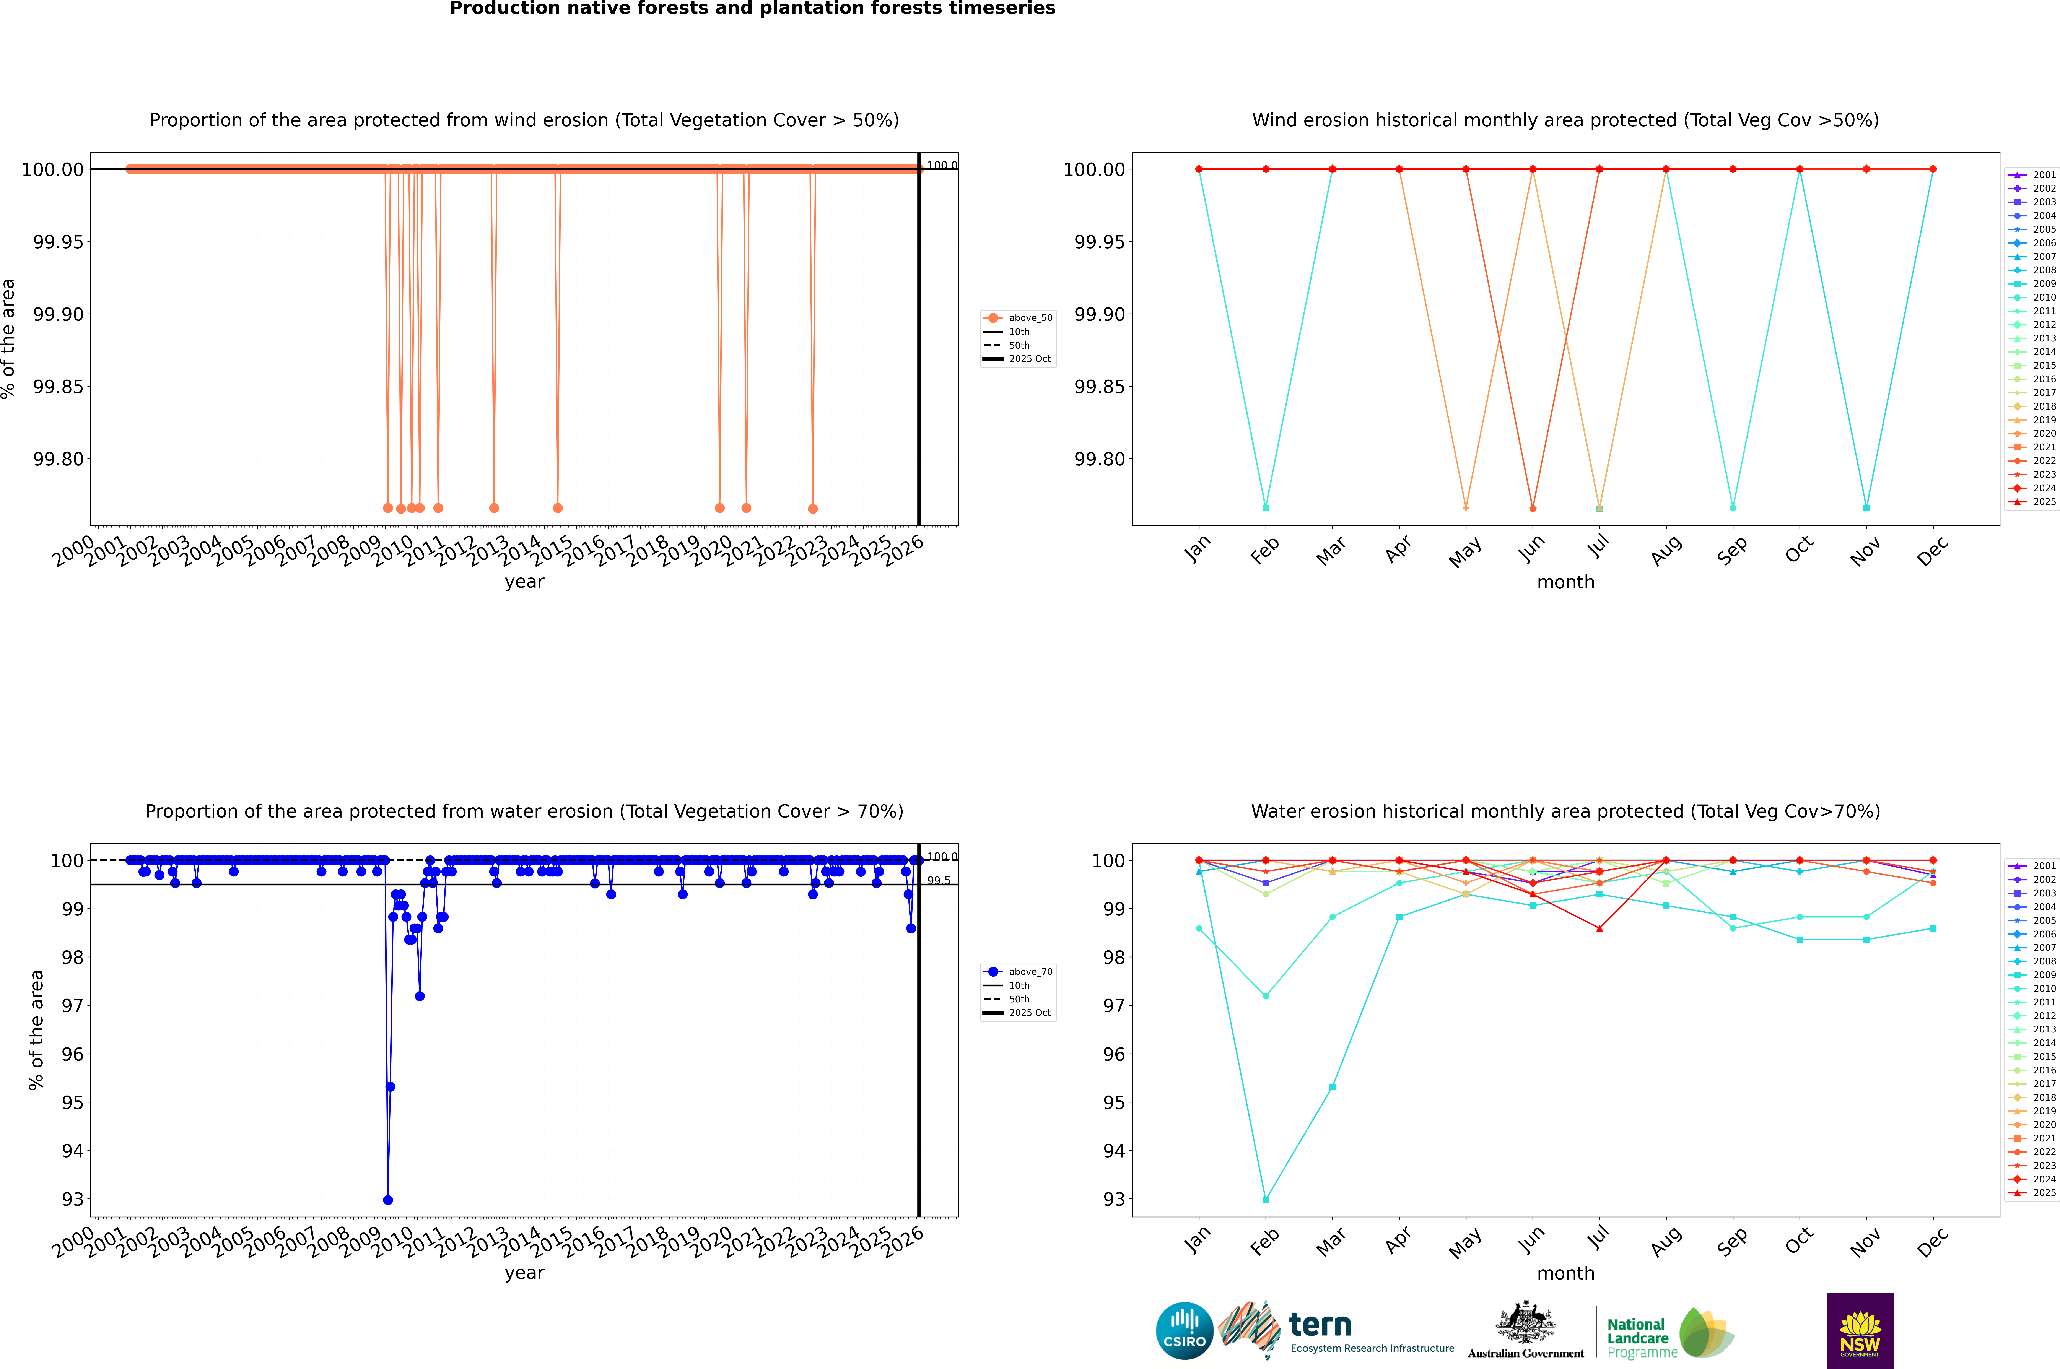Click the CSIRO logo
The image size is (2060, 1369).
point(1184,1331)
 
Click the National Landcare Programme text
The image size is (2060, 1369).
point(1638,1338)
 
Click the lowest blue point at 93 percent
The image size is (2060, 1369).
point(388,1200)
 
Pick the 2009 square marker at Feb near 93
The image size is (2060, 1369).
point(1265,1200)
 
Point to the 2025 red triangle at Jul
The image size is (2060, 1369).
point(1599,928)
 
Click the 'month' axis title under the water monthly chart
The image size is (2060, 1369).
point(1565,1273)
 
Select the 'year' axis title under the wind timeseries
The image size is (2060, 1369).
point(524,582)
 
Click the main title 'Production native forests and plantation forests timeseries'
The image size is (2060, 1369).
point(752,9)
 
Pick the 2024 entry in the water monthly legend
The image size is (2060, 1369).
point(2043,1180)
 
